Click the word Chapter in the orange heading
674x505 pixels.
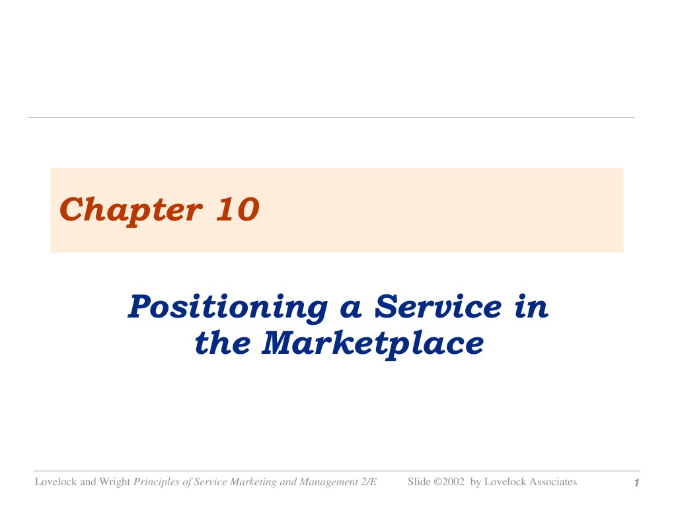tap(131, 211)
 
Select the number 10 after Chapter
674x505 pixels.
tap(238, 209)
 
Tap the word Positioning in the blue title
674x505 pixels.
tap(228, 308)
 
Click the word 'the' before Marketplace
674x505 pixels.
tap(222, 343)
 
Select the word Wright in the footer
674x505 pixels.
tap(114, 483)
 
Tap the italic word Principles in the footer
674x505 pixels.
tap(157, 483)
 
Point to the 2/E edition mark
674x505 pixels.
tap(369, 482)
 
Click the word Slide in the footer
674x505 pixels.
tap(419, 482)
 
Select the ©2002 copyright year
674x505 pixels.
tap(449, 482)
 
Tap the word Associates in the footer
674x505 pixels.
tap(554, 482)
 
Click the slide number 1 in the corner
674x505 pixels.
tap(636, 483)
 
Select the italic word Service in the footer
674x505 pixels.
tap(211, 482)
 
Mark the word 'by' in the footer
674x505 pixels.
tap(475, 483)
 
